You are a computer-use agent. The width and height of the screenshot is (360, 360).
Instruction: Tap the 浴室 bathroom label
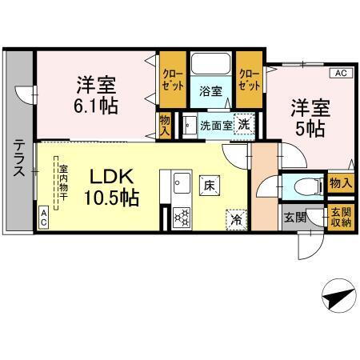pyautogui.click(x=211, y=91)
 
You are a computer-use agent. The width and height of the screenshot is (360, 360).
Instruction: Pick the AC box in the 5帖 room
pyautogui.click(x=340, y=74)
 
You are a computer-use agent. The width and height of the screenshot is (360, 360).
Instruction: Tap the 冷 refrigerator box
pyautogui.click(x=237, y=216)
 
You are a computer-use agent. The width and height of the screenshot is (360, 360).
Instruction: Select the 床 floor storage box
pyautogui.click(x=210, y=184)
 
